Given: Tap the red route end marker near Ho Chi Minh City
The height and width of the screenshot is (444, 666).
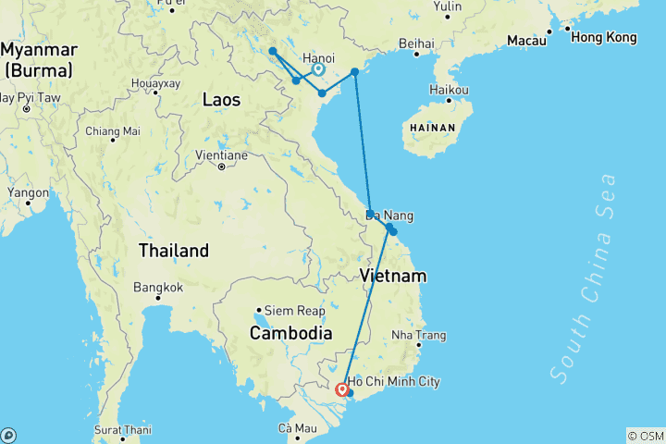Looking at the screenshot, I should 342,389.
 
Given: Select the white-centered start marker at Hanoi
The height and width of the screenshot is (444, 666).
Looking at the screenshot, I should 318,69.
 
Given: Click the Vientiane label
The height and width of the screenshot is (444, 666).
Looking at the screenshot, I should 222,155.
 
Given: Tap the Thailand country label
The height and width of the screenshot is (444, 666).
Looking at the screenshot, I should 173,251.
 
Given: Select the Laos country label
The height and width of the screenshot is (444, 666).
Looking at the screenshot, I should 221,99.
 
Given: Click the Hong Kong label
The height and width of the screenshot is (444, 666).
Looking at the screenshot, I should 603,38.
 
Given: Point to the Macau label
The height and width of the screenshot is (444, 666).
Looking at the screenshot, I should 524,41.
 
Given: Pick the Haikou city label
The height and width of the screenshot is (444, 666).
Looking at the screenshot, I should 449,90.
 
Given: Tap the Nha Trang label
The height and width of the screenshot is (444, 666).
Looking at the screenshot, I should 417,335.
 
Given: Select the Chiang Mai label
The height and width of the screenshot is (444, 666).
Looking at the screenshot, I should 113,130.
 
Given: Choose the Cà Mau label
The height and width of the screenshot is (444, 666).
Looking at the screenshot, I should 297,428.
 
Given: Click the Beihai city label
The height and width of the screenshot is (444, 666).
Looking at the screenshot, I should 416,43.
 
